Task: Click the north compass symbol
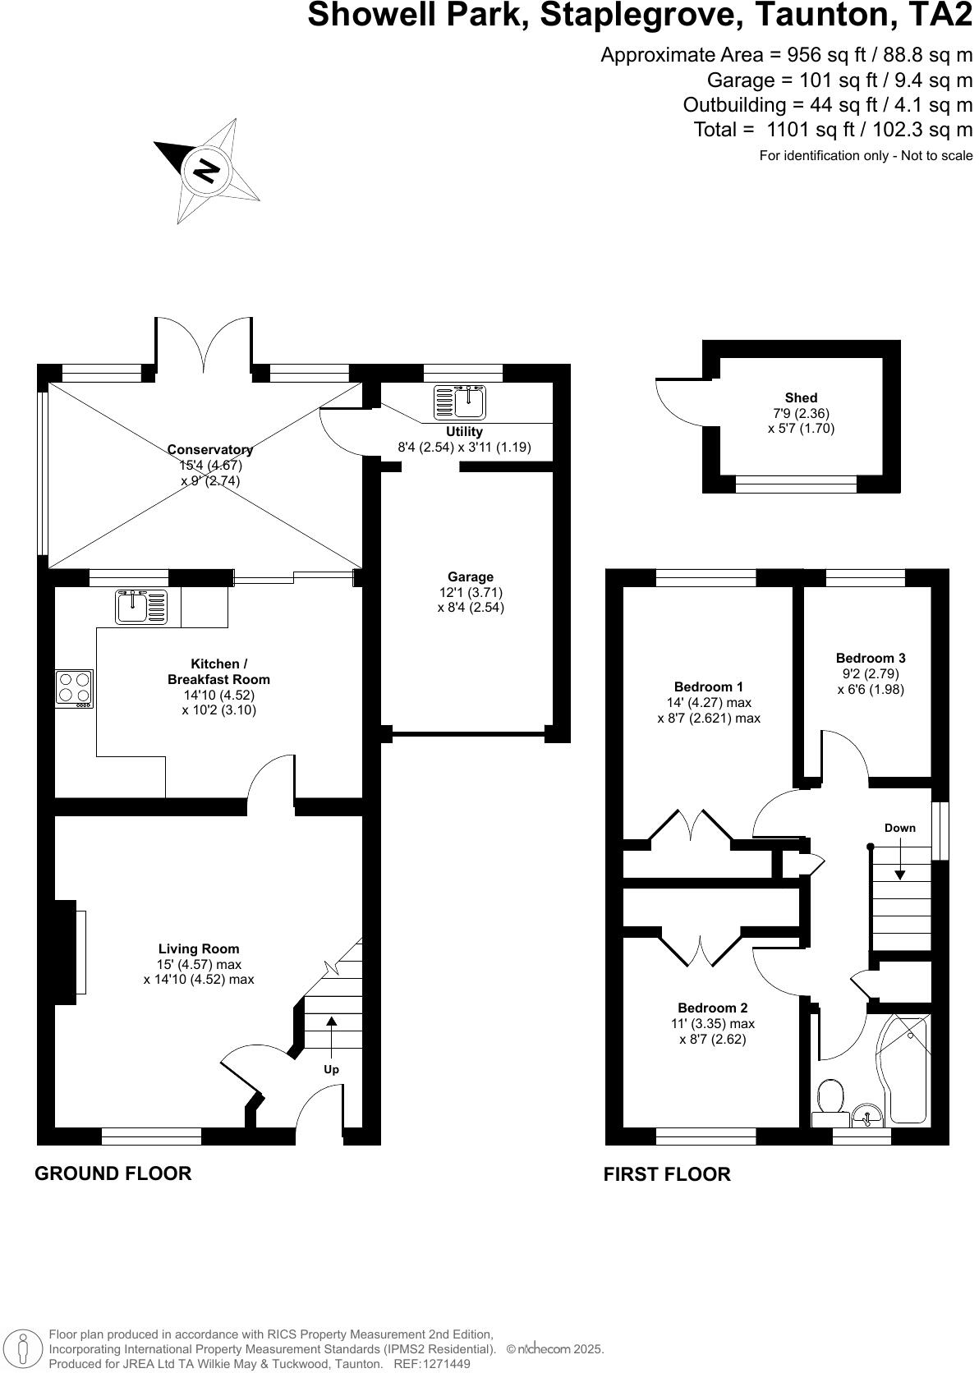(x=207, y=171)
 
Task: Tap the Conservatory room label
(x=210, y=450)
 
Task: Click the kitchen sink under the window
(x=141, y=608)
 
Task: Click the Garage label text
(x=471, y=577)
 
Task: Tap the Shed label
(x=800, y=398)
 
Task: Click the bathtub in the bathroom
(x=907, y=1072)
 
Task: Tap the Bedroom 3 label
(x=871, y=658)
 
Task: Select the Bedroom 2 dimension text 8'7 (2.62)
(x=713, y=1039)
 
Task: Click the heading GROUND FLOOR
(x=113, y=1173)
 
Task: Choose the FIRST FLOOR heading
(x=667, y=1174)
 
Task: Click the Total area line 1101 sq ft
(x=833, y=130)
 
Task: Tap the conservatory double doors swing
(x=204, y=345)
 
